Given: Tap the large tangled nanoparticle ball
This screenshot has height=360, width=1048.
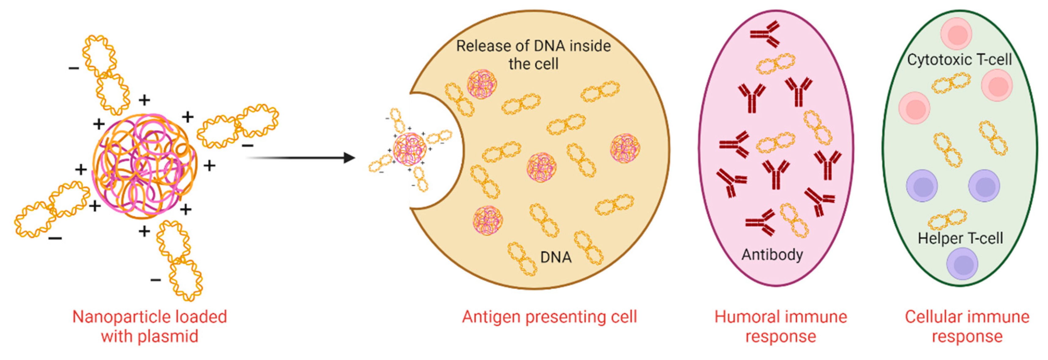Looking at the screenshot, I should point(145,166).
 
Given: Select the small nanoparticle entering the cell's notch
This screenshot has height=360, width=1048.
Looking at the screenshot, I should point(410,149).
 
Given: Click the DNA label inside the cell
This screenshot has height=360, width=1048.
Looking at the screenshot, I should point(556,257).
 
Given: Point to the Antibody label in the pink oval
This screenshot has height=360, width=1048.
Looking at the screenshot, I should point(772,255).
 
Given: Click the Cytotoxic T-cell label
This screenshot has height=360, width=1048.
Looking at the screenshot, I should point(959,60).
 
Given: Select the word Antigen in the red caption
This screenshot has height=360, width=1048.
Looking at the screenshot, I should point(491,317).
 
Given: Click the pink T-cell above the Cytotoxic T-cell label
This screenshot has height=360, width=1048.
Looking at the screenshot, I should point(956,35).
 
